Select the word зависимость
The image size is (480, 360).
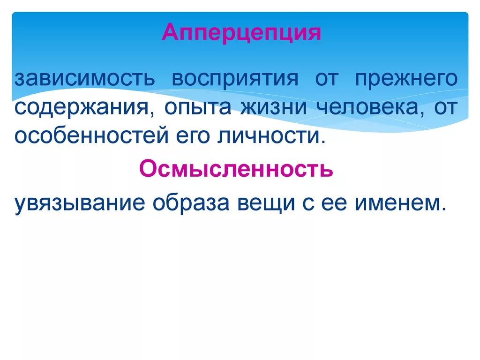84,78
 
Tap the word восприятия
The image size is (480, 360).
234,78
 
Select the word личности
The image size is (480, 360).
268,137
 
